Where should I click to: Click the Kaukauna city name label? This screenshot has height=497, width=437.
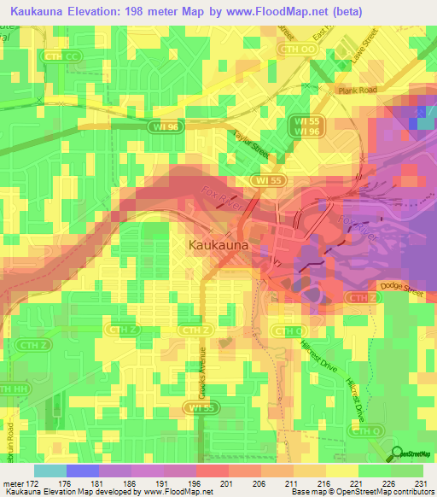218,245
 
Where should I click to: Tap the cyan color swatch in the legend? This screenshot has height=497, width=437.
50,471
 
